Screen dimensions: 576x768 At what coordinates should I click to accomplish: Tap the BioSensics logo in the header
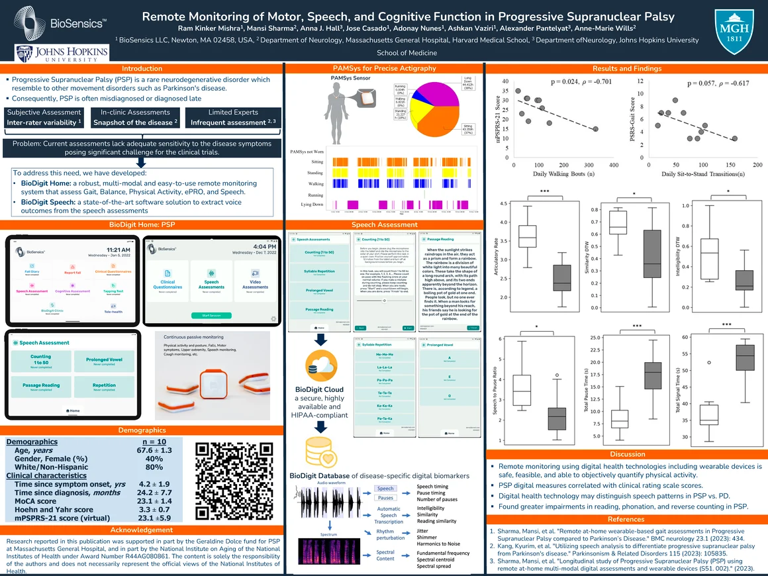[60, 23]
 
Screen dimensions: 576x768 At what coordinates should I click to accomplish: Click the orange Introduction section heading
[142, 68]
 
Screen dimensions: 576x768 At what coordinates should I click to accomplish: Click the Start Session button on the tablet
[210, 315]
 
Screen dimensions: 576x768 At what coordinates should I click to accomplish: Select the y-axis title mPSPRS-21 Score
[493, 119]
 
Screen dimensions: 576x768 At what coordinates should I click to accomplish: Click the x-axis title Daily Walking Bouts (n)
[562, 173]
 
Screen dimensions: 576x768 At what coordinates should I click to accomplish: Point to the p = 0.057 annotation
[717, 83]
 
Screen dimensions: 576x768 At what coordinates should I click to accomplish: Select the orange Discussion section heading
[626, 454]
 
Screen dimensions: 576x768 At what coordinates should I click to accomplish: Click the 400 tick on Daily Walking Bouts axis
[613, 165]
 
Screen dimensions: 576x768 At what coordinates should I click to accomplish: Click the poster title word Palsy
[654, 16]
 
